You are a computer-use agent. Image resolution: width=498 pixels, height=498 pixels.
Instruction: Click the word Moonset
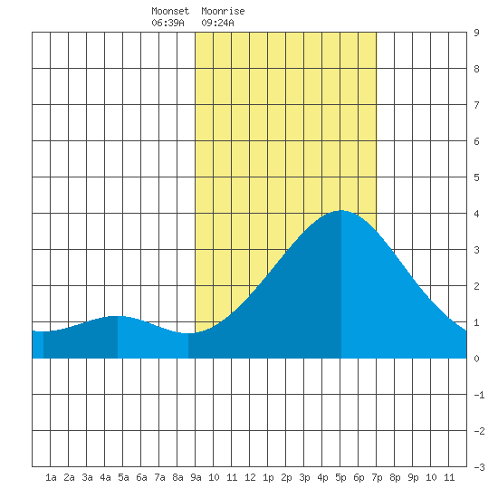pyautogui.click(x=170, y=11)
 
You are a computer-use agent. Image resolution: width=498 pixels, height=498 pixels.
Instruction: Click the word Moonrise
pyautogui.click(x=223, y=11)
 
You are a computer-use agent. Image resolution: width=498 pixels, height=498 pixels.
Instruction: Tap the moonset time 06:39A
pyautogui.click(x=168, y=23)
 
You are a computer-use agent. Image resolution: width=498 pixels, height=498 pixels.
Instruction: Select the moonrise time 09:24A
pyautogui.click(x=217, y=23)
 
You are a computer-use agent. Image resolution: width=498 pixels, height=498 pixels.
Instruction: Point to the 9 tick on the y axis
pyautogui.click(x=476, y=33)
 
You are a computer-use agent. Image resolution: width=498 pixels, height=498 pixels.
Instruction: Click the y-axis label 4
pyautogui.click(x=476, y=214)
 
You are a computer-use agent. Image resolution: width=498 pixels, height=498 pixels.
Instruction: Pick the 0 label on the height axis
pyautogui.click(x=476, y=359)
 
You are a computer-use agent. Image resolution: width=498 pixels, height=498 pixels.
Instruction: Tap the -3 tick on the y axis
pyautogui.click(x=479, y=467)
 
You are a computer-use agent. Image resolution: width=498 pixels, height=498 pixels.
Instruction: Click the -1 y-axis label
pyautogui.click(x=479, y=395)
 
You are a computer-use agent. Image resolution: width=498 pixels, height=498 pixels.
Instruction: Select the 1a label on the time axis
pyautogui.click(x=51, y=477)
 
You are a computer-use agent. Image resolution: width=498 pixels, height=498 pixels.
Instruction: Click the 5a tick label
pyautogui.click(x=123, y=477)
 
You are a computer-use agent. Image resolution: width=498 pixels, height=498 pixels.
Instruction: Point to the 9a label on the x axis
pyautogui.click(x=196, y=477)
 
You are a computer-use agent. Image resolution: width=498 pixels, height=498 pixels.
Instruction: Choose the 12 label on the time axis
pyautogui.click(x=250, y=477)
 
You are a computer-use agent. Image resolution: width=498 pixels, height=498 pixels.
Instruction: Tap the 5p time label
pyautogui.click(x=340, y=477)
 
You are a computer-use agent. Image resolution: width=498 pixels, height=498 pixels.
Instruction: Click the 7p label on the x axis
pyautogui.click(x=377, y=477)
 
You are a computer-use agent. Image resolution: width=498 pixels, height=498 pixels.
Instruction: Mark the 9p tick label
pyautogui.click(x=413, y=477)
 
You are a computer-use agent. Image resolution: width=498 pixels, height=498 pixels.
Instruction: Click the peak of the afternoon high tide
pyautogui.click(x=341, y=210)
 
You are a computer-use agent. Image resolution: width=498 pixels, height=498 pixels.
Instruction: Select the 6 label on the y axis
pyautogui.click(x=476, y=141)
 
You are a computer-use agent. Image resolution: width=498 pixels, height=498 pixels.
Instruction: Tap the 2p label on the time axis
pyautogui.click(x=286, y=477)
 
